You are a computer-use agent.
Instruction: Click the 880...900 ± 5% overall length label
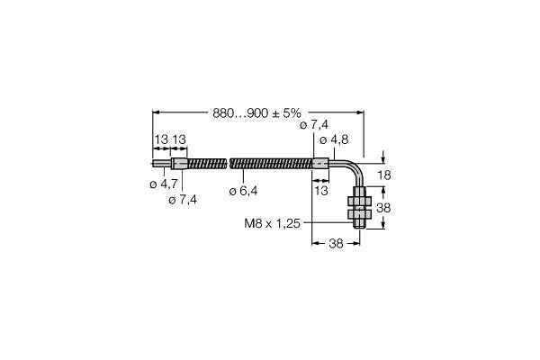(256, 113)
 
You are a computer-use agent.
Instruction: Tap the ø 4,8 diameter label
(334, 139)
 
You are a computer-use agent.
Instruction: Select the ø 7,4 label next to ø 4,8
(314, 125)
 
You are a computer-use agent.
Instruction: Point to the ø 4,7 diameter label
(164, 184)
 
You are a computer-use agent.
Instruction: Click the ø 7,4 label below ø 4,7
(183, 200)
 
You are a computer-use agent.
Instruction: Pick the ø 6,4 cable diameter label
(243, 191)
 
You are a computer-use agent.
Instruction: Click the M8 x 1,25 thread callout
(272, 223)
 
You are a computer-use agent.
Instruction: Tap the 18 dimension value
(384, 175)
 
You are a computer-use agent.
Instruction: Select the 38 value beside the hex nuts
(383, 208)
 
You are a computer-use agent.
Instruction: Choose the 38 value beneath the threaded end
(336, 244)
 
